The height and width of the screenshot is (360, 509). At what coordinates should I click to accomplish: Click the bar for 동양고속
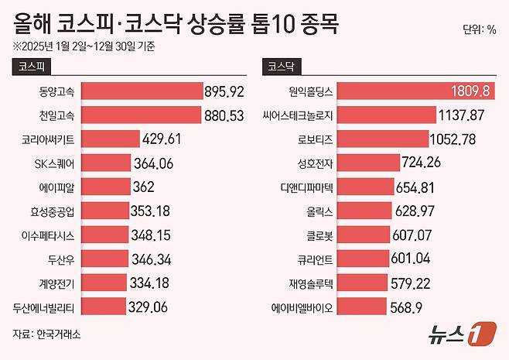[x=141, y=91]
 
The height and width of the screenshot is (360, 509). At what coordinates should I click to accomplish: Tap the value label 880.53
[x=224, y=115]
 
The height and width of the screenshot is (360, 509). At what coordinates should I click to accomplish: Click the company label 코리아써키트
[x=50, y=139]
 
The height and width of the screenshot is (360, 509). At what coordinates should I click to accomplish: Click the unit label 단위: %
[x=479, y=30]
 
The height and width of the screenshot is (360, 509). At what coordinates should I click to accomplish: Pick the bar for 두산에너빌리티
[x=102, y=307]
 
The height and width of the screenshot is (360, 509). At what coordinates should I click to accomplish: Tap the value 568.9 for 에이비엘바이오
[x=408, y=307]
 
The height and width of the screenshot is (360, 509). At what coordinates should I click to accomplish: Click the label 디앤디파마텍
[x=306, y=187]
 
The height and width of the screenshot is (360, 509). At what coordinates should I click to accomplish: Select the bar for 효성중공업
[x=105, y=211]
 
